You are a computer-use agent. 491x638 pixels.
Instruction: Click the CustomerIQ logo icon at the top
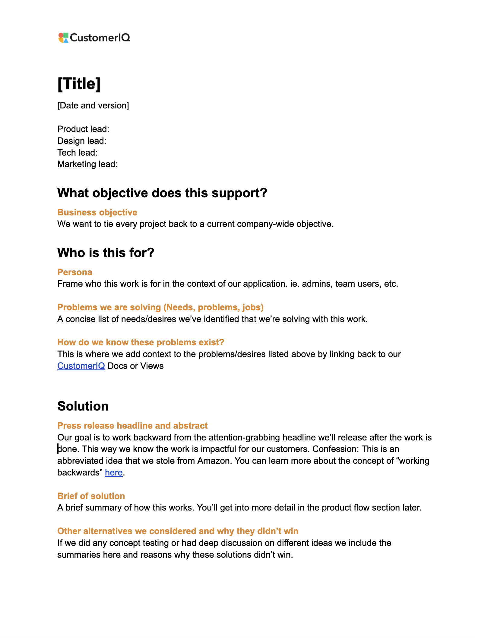[x=63, y=38]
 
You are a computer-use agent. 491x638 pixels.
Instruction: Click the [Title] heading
[x=79, y=84]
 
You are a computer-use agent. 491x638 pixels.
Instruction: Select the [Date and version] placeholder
[x=93, y=105]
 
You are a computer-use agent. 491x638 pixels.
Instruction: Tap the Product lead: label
[x=83, y=129]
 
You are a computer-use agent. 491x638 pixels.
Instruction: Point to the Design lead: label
[x=82, y=141]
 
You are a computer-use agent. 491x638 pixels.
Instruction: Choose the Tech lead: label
[x=77, y=153]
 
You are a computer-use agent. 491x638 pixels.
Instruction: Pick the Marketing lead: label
[x=87, y=164]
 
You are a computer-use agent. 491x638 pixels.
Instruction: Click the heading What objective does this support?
[x=162, y=193]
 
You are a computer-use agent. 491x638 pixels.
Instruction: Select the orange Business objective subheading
[x=97, y=212]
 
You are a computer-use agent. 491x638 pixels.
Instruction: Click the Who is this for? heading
[x=106, y=253]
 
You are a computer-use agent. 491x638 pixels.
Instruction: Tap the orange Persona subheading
[x=74, y=272]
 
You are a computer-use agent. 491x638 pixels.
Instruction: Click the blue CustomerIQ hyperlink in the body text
[x=81, y=366]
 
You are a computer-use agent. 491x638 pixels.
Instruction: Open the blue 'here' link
[x=113, y=472]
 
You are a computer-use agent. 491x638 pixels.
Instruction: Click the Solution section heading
[x=83, y=406]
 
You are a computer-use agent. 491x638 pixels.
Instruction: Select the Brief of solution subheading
[x=91, y=496]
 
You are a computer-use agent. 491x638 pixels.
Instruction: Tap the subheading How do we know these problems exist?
[x=141, y=342]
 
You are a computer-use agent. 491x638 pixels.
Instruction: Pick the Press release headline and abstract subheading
[x=132, y=426]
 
